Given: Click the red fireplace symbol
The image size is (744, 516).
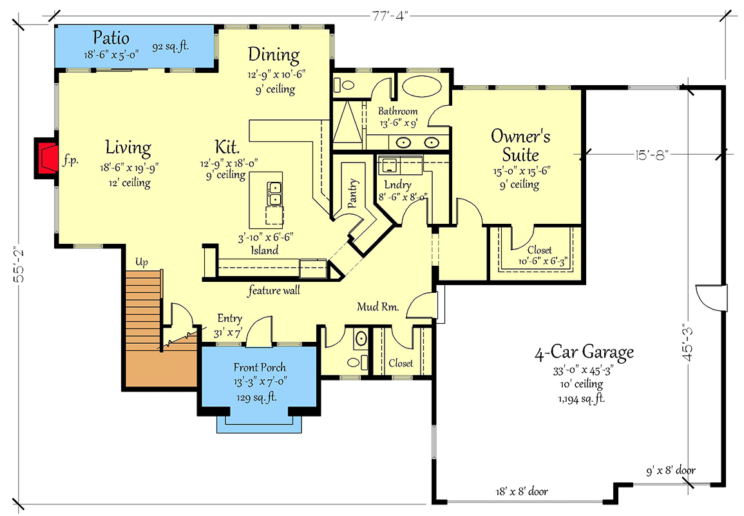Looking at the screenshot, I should [47, 158].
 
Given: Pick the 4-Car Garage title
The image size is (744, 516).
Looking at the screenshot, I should [584, 352].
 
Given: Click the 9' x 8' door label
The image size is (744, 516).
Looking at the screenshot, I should [670, 470].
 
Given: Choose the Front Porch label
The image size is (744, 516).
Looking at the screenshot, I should [260, 368].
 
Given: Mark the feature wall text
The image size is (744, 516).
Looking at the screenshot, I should [274, 291].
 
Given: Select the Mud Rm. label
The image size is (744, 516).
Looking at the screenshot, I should [378, 308].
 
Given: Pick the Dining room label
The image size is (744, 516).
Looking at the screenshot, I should [274, 55].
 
